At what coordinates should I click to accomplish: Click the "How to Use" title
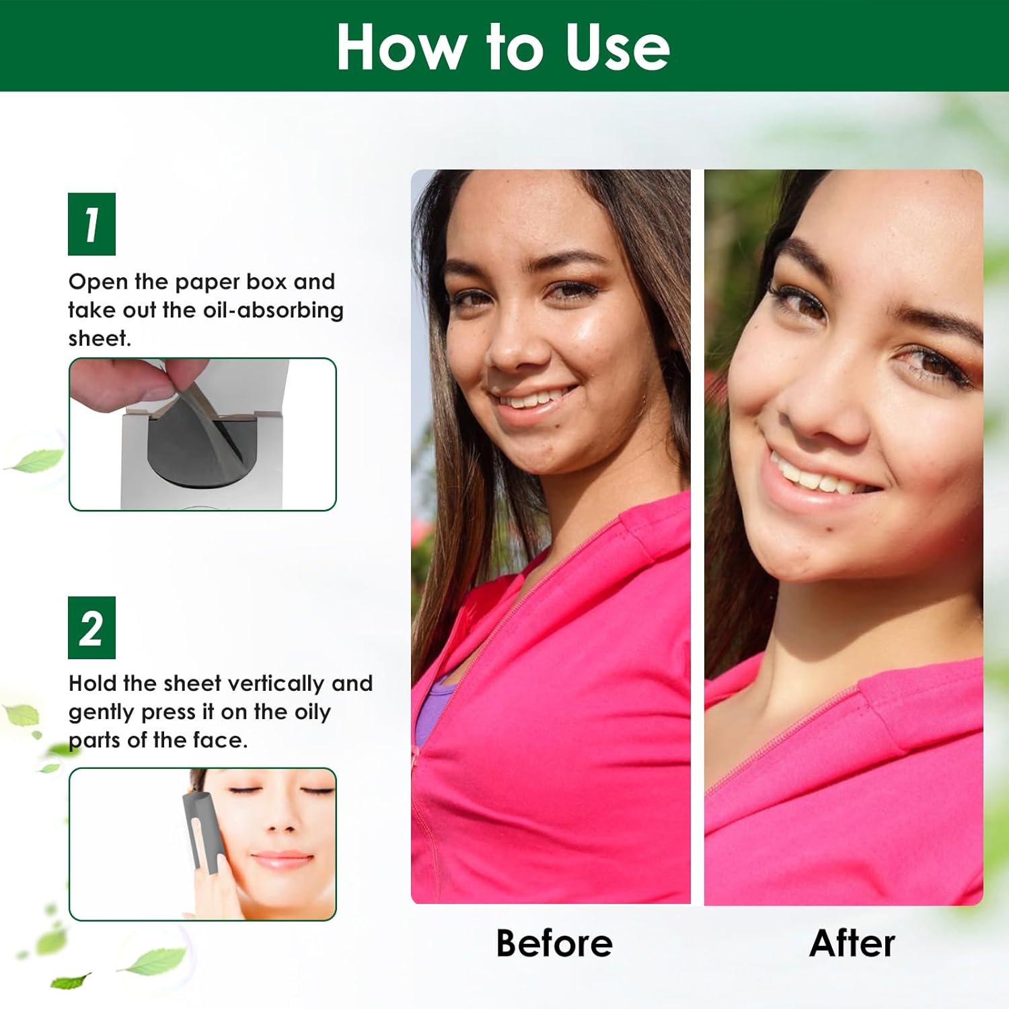(x=503, y=46)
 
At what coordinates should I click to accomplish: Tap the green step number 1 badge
(x=91, y=224)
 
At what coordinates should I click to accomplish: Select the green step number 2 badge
(x=91, y=628)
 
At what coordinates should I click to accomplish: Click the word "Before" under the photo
(x=554, y=943)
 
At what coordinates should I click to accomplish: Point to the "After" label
(x=852, y=943)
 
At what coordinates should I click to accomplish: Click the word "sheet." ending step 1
(x=100, y=338)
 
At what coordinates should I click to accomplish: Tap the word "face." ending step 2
(x=220, y=741)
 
